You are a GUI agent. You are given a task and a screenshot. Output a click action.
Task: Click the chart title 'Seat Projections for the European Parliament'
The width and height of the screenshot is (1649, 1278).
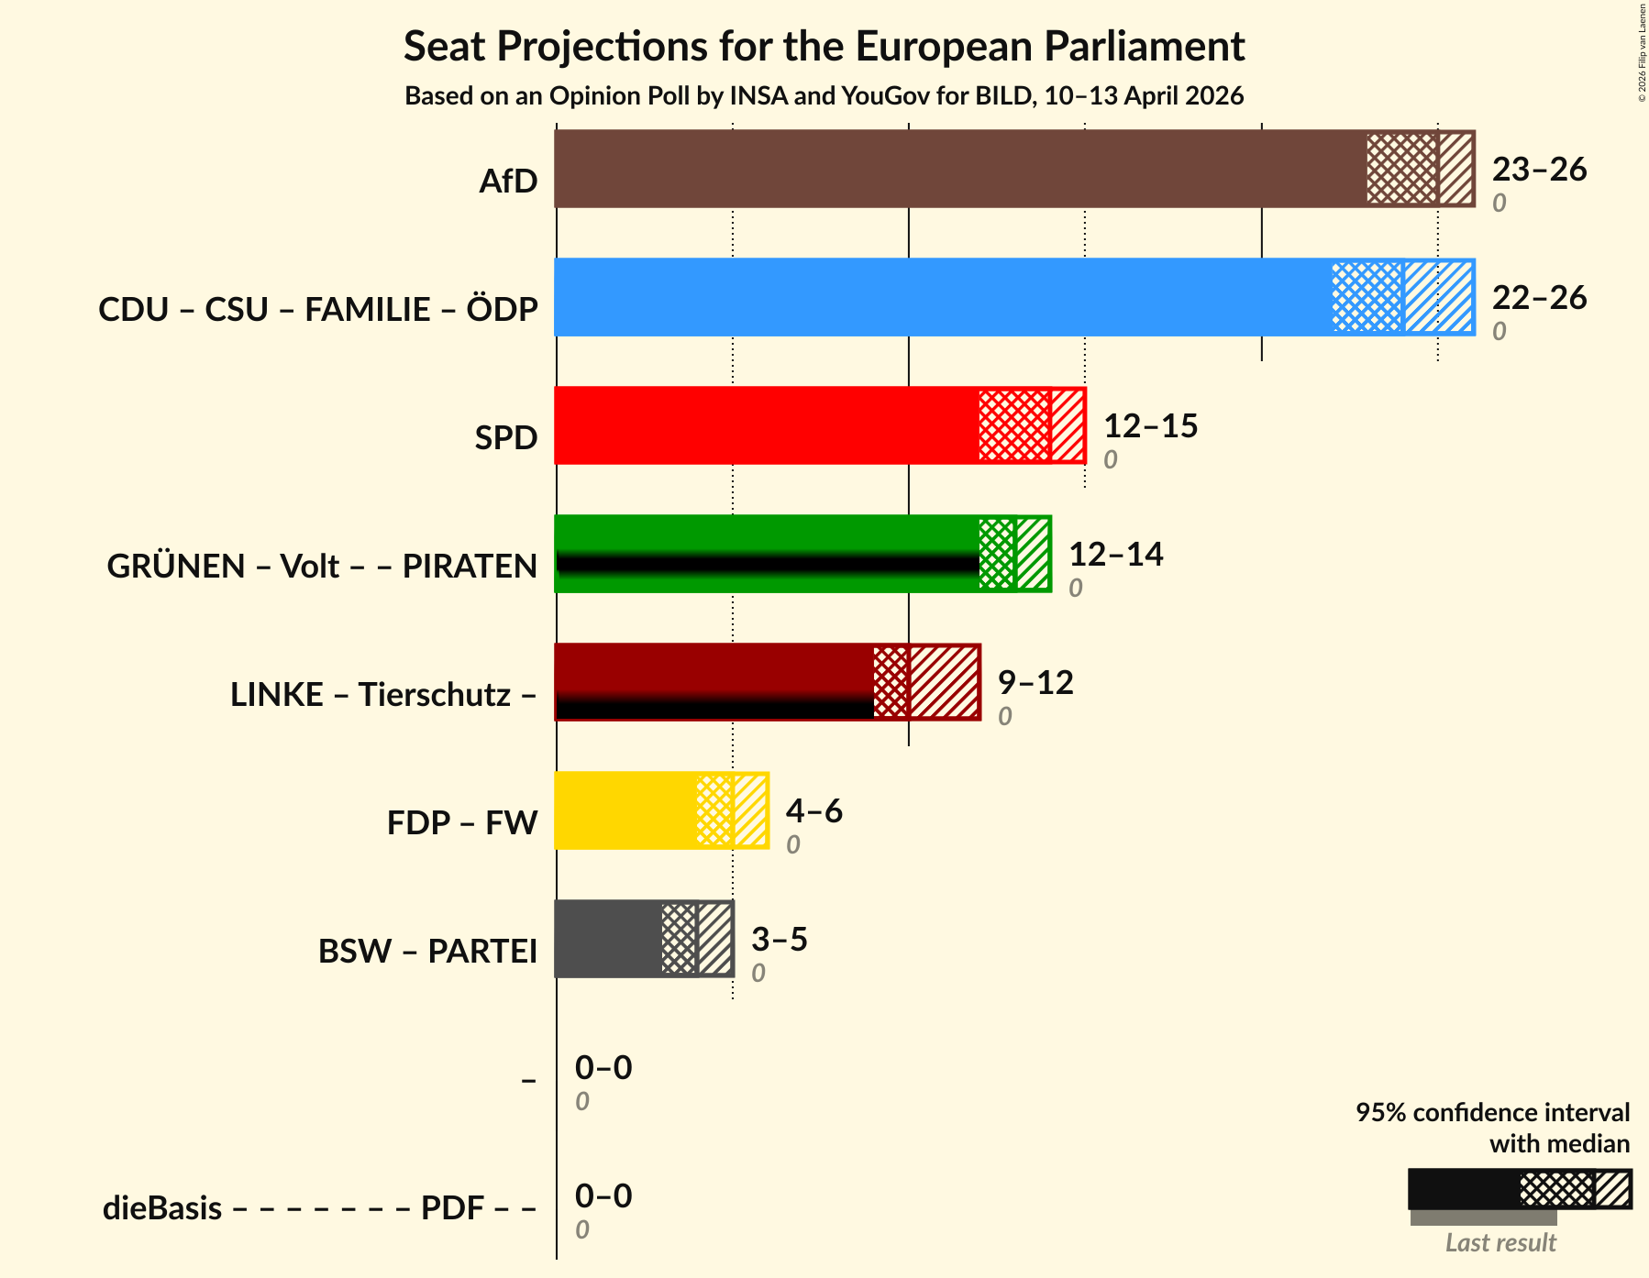pyautogui.click(x=824, y=46)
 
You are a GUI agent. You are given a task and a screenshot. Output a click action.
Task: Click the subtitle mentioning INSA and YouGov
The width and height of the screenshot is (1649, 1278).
pyautogui.click(x=824, y=96)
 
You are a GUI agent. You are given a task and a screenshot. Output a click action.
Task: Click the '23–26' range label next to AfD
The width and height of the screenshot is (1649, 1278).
pyautogui.click(x=1538, y=170)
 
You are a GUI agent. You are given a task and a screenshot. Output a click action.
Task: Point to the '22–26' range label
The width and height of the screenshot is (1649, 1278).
pyautogui.click(x=1538, y=298)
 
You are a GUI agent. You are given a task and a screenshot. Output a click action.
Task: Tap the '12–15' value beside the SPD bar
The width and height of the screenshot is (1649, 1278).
pyautogui.click(x=1149, y=426)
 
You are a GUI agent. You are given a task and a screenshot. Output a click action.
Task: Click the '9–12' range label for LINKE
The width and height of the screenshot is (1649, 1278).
pyautogui.click(x=1035, y=683)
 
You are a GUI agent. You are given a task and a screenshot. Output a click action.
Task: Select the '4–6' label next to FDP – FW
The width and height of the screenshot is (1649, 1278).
pyautogui.click(x=813, y=811)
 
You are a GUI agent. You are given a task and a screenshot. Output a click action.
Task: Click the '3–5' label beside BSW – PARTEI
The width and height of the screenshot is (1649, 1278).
pyautogui.click(x=779, y=940)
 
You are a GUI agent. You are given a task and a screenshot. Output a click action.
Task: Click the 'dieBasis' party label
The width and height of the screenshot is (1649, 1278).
pyautogui.click(x=162, y=1208)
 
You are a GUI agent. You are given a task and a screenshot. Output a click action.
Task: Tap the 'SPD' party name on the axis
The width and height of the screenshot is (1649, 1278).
pyautogui.click(x=505, y=438)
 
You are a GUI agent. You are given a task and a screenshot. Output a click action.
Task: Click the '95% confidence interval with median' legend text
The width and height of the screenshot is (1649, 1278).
pyautogui.click(x=1492, y=1128)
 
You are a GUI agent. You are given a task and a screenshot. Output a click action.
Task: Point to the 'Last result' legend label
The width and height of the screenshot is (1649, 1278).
pyautogui.click(x=1500, y=1243)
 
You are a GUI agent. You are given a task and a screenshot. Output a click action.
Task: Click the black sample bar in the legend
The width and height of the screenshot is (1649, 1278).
pyautogui.click(x=1463, y=1189)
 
